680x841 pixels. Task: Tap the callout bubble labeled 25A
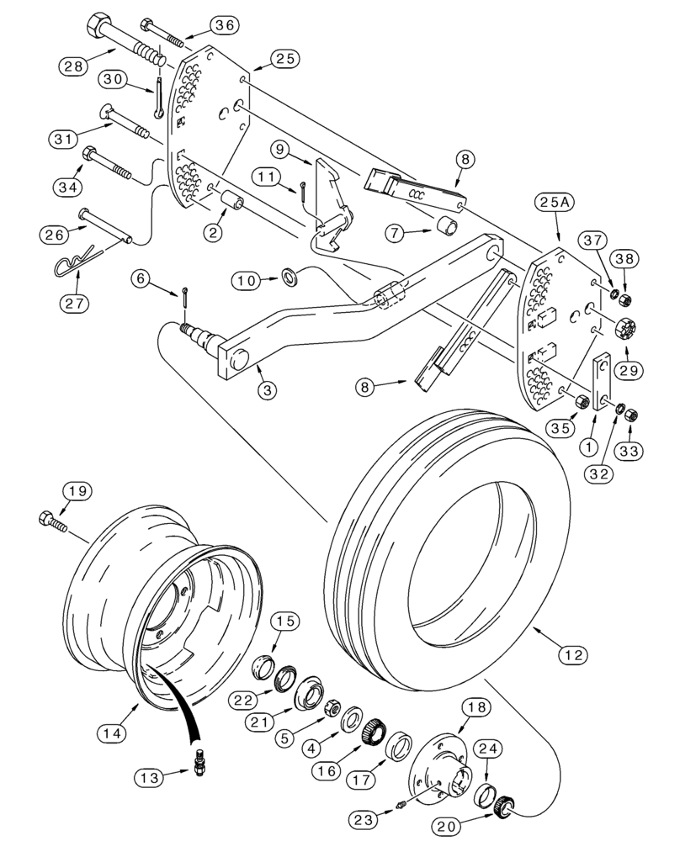pyautogui.click(x=552, y=203)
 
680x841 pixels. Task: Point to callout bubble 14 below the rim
pyautogui.click(x=113, y=733)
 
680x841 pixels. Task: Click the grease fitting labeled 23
pyautogui.click(x=401, y=808)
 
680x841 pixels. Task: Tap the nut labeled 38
pyautogui.click(x=625, y=301)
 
